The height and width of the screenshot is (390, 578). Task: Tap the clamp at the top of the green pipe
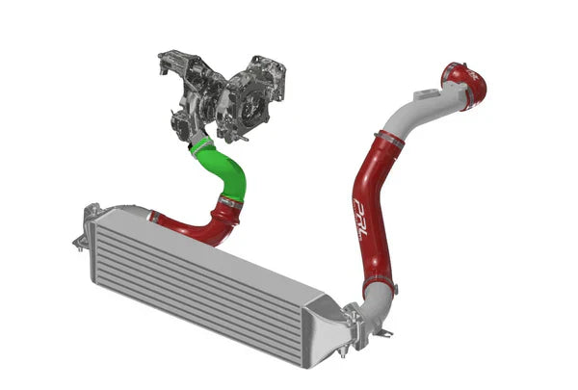pos(200,146)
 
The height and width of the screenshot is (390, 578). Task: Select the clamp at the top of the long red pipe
pos(388,141)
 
